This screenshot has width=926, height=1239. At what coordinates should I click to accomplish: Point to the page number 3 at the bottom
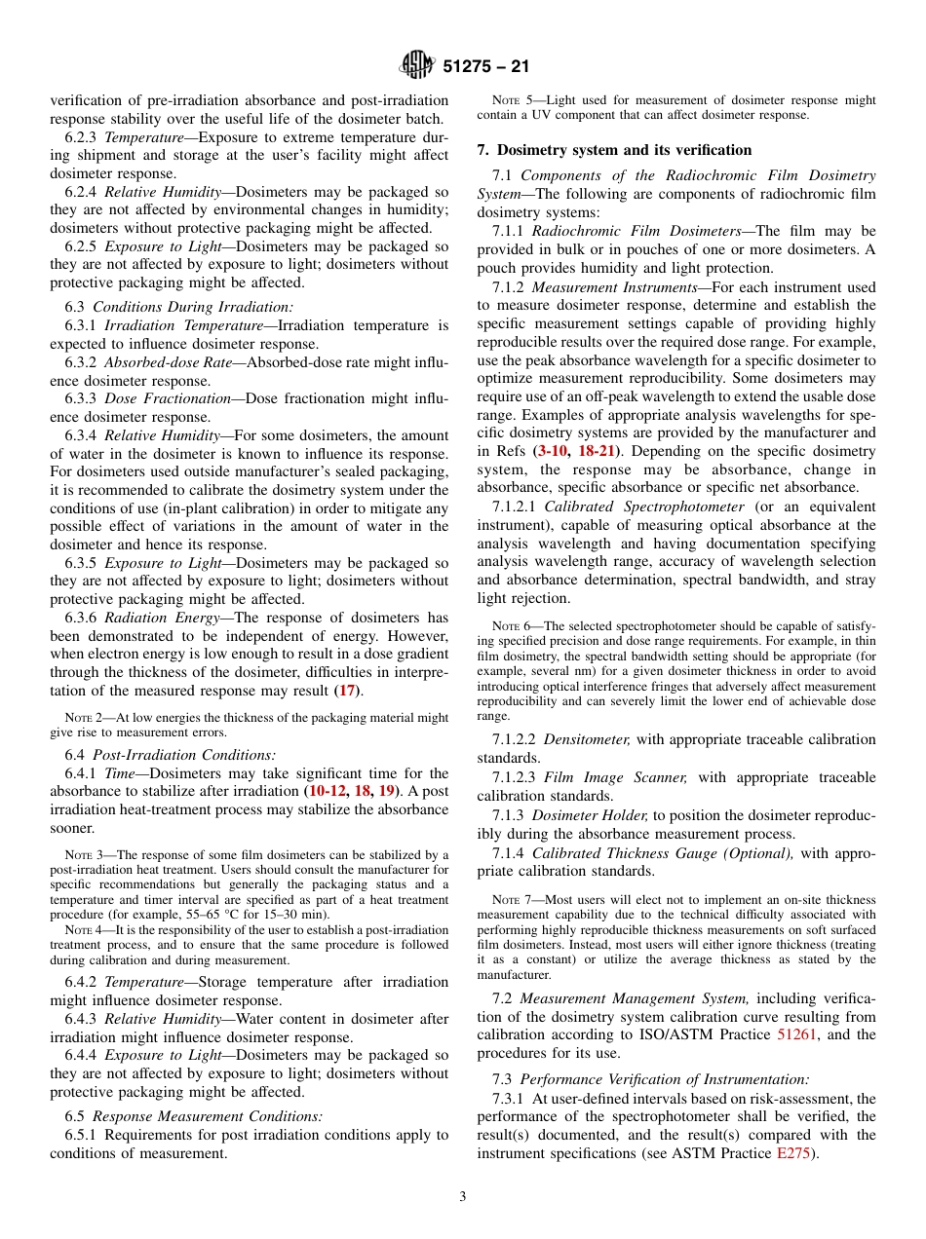click(x=463, y=1197)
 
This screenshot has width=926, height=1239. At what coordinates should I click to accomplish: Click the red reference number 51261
click(x=796, y=1034)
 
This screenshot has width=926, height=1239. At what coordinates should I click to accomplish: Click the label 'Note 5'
click(x=513, y=100)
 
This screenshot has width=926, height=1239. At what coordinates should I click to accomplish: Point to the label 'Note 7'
click(x=513, y=899)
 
